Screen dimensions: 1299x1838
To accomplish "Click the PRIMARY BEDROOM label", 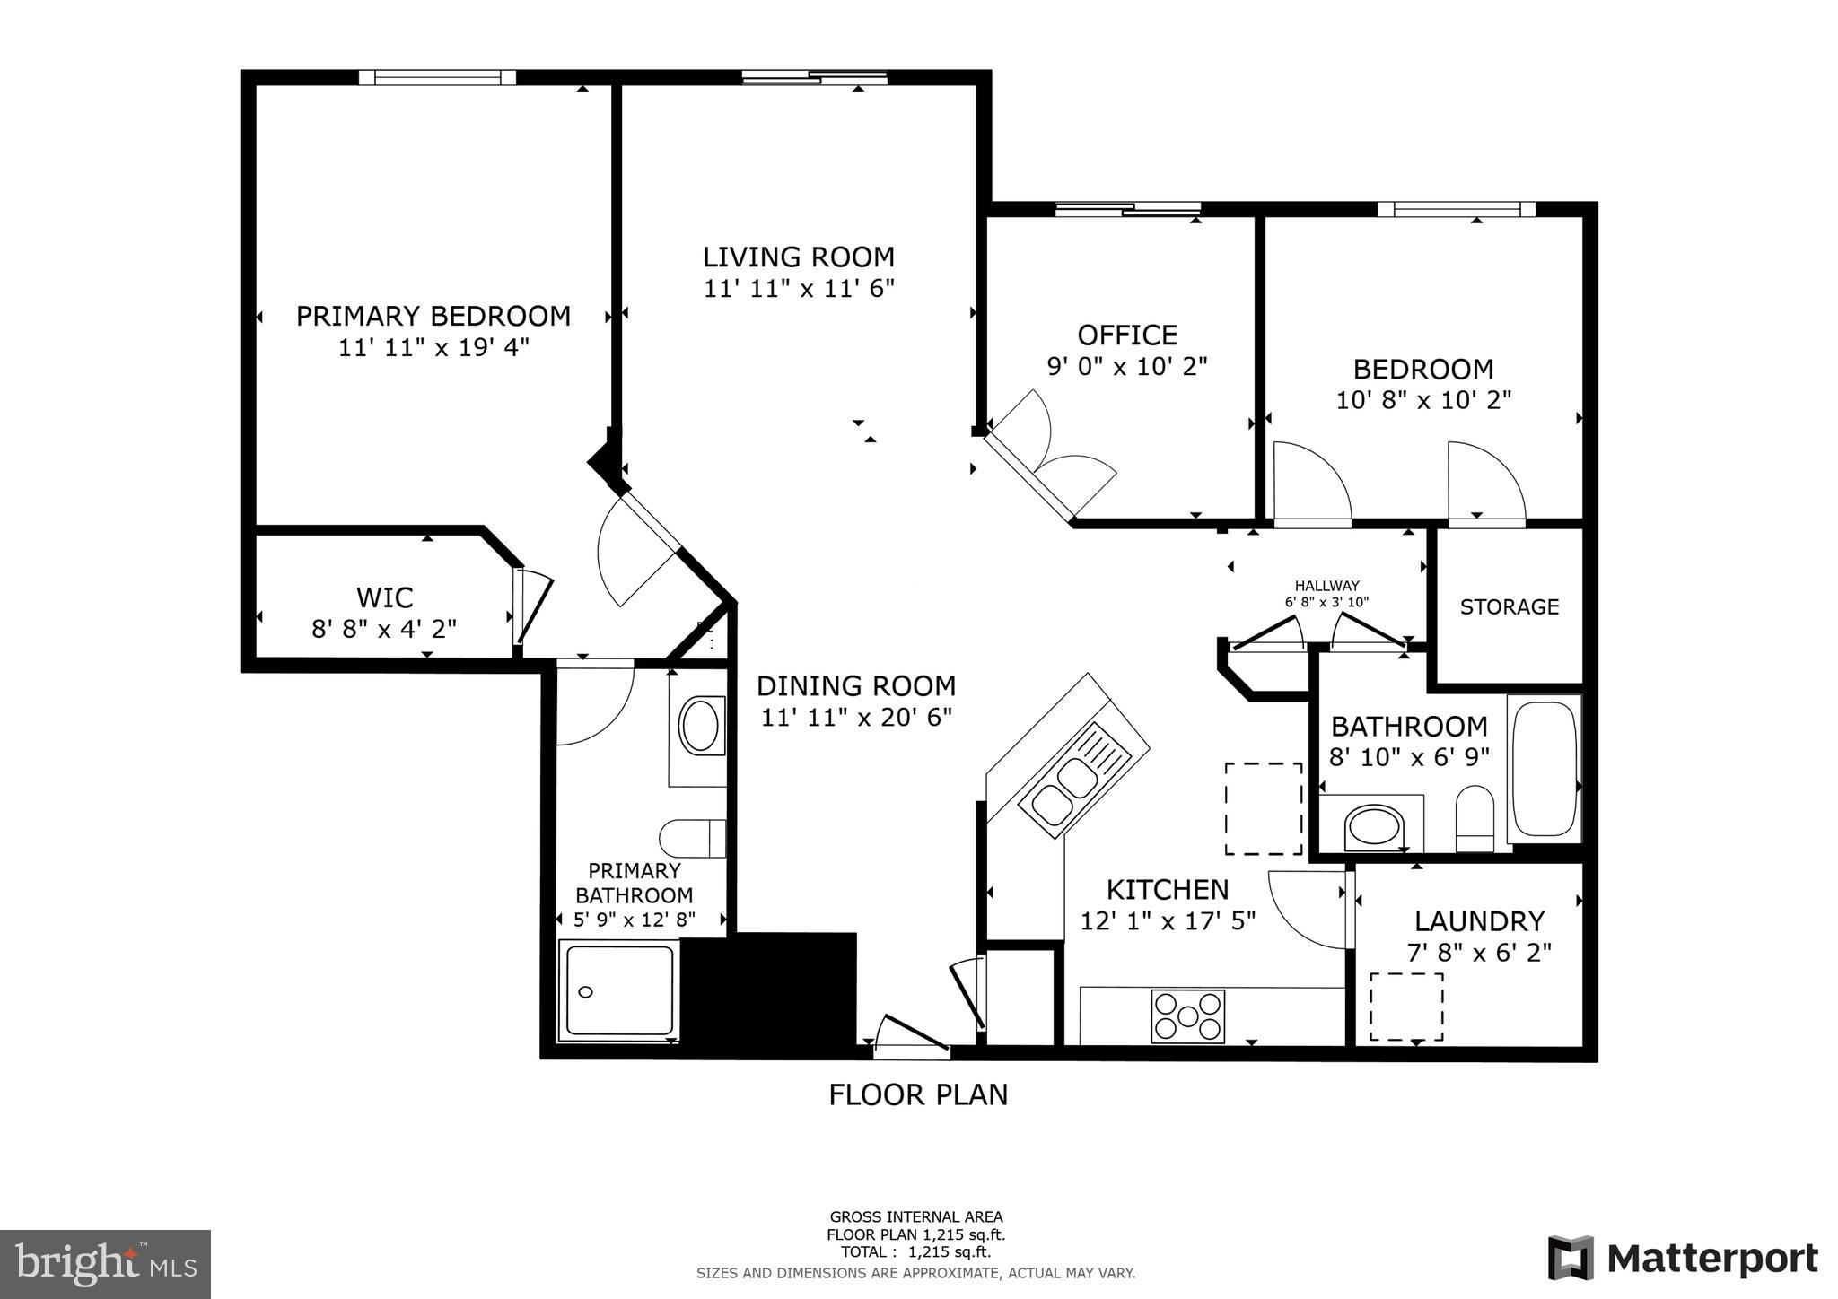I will [x=433, y=317].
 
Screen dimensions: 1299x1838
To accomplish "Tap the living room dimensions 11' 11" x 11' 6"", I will [x=799, y=289].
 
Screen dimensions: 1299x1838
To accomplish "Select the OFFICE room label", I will [x=1127, y=336].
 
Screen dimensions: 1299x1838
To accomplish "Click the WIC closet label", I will [x=384, y=597].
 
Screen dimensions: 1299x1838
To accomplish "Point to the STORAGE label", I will [x=1509, y=607].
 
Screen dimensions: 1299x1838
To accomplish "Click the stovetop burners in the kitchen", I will [x=1187, y=1016].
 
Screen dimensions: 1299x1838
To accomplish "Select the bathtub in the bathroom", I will [x=1544, y=769].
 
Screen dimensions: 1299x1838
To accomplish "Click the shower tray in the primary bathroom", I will [x=617, y=991].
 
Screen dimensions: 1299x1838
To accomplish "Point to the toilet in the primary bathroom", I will [x=692, y=838].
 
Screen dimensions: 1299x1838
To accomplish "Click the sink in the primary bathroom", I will [x=699, y=726].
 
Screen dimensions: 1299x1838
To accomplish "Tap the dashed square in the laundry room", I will [x=1405, y=1007].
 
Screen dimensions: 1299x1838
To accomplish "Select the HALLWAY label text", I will [x=1326, y=586].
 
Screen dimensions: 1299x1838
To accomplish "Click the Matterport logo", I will [x=1682, y=1260].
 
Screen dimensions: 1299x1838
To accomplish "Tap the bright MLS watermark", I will [x=105, y=1265].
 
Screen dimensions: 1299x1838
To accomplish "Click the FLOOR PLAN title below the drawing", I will [x=917, y=1095].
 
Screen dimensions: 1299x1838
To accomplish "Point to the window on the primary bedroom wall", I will [x=437, y=78].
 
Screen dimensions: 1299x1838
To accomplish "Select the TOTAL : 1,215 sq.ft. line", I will [x=915, y=1252].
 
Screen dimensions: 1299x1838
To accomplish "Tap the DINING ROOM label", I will [x=855, y=686].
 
